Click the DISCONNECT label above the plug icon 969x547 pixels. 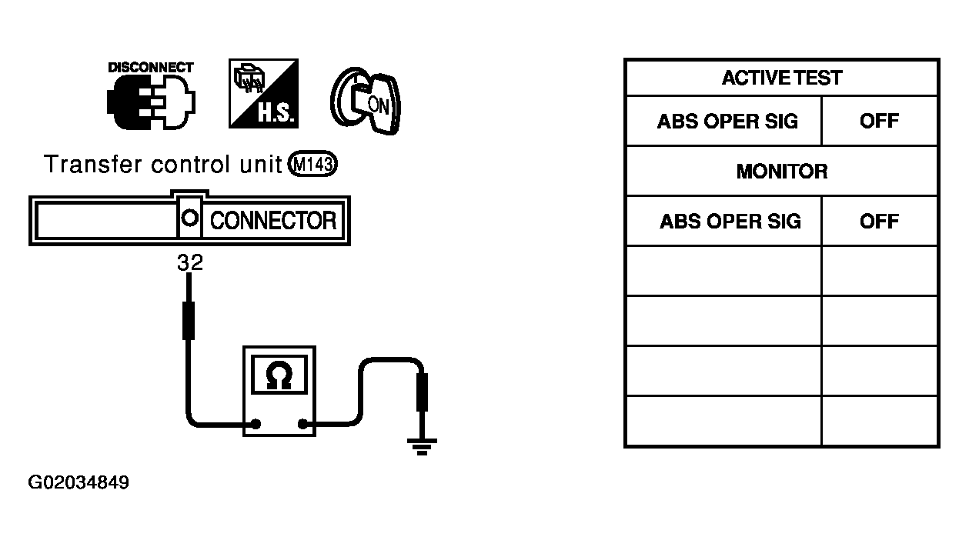151,68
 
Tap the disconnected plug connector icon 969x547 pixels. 151,102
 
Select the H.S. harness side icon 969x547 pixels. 263,93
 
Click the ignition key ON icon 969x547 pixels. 366,101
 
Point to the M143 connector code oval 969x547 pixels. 312,164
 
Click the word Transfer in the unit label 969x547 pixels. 92,164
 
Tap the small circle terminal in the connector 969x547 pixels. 189,218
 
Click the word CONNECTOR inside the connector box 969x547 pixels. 273,221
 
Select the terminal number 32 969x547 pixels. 190,262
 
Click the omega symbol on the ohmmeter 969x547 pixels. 279,375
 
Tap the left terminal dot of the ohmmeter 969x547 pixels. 256,424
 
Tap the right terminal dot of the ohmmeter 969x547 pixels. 302,424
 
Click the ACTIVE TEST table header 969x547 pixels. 782,78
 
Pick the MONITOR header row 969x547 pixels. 782,172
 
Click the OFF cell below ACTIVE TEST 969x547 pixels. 879,121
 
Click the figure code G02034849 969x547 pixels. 79,482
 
